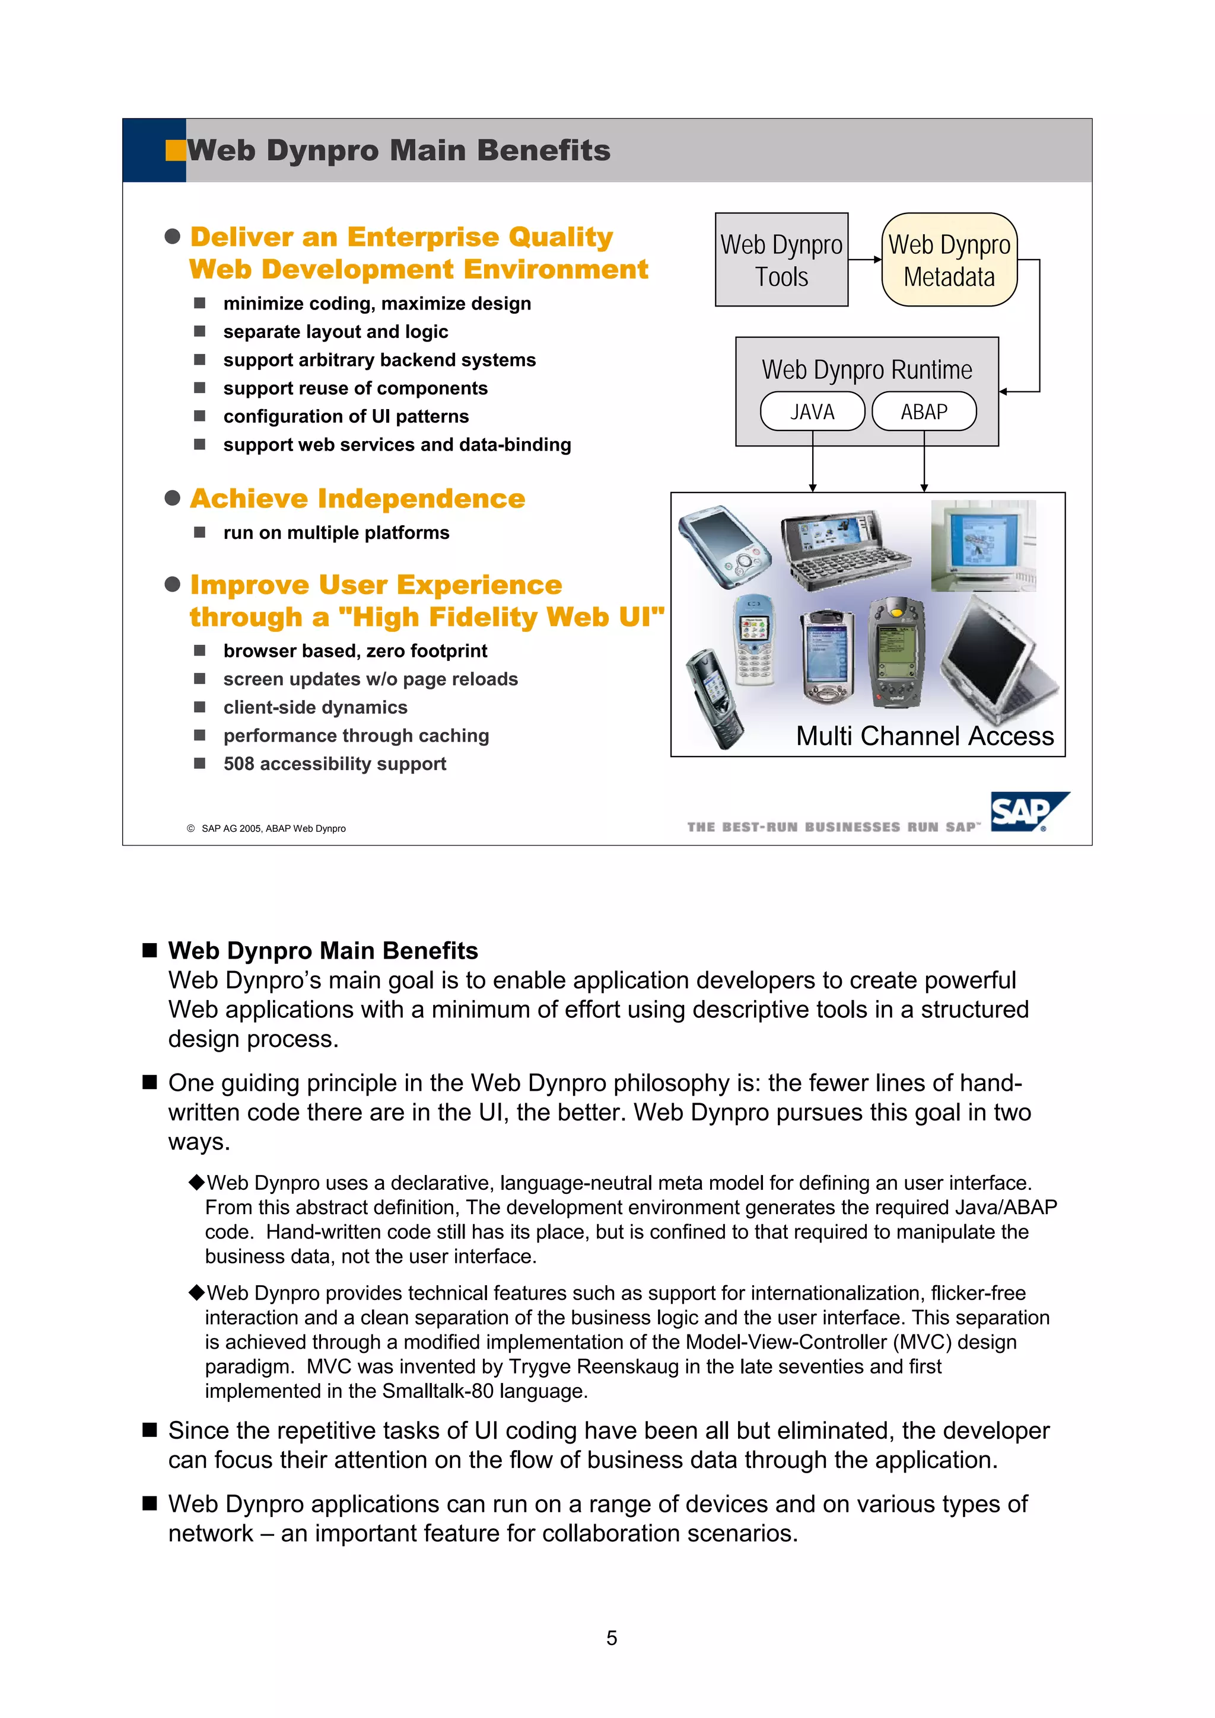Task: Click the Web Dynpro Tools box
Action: click(781, 260)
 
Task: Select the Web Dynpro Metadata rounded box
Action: click(949, 260)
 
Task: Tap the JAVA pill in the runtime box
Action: click(812, 411)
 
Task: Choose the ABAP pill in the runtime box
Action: click(924, 411)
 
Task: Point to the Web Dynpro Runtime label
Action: click(866, 370)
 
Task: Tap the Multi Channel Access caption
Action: click(924, 736)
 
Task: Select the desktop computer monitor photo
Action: click(983, 545)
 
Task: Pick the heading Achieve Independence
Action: click(357, 499)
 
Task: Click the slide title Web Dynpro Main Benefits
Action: click(398, 151)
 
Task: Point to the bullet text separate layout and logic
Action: click(335, 331)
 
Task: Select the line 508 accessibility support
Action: click(334, 764)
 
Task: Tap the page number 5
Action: click(611, 1638)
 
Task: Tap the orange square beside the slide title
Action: click(175, 151)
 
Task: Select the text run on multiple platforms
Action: click(336, 533)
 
